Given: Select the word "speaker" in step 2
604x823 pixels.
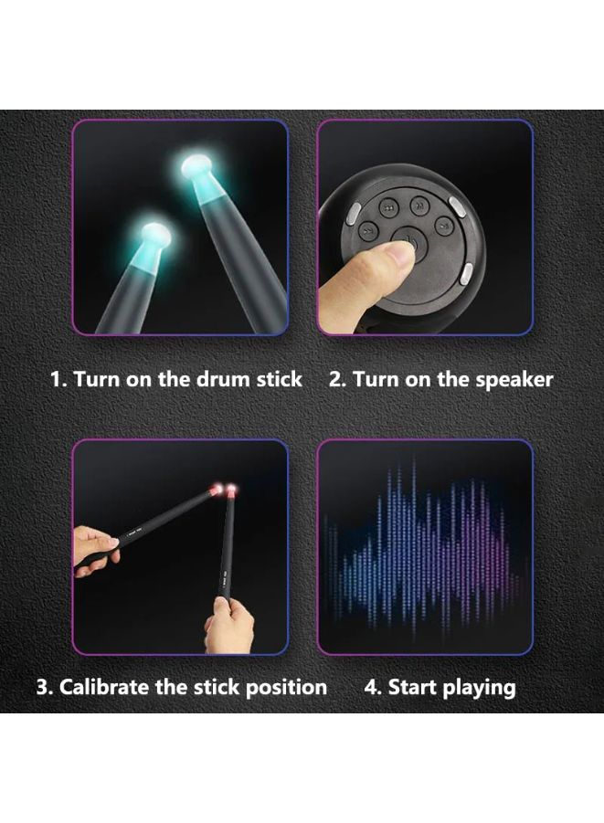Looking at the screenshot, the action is (514, 380).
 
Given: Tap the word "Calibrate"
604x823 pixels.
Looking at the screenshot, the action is (104, 687).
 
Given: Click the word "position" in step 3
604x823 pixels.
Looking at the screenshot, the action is (286, 688).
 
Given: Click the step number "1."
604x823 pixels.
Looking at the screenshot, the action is (58, 379).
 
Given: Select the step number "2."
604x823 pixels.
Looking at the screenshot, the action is (337, 379).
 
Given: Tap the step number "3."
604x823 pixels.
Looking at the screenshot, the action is (44, 688).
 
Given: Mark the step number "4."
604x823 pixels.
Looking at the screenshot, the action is (373, 688).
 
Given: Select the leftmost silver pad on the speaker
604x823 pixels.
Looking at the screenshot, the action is (353, 213).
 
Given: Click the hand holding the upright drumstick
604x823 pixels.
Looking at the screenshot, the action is (228, 625).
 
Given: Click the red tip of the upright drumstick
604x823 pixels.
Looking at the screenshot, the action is (230, 491).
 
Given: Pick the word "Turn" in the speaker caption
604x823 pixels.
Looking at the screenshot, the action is (374, 379).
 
